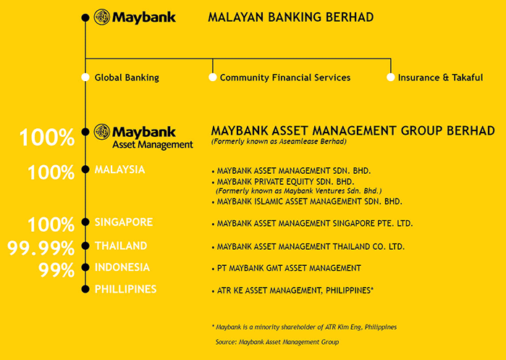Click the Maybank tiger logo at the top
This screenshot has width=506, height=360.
click(x=102, y=17)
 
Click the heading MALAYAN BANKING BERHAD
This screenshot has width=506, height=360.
click(x=291, y=17)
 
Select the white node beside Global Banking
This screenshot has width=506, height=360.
click(x=85, y=78)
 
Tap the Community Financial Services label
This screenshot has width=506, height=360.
click(x=285, y=78)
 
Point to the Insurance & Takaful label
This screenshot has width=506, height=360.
click(x=440, y=78)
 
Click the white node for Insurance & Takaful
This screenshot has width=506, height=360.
click(x=390, y=78)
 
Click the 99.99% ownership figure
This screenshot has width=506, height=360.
click(x=41, y=248)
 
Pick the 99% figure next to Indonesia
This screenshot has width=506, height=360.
click(x=56, y=269)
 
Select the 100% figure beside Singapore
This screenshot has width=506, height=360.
click(x=51, y=225)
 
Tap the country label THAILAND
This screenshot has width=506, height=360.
click(x=121, y=246)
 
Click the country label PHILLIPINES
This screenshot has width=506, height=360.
click(x=125, y=289)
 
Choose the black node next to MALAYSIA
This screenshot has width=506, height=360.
click(x=85, y=169)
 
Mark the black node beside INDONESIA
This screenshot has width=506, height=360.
click(x=85, y=267)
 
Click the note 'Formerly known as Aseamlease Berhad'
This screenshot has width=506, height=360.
click(x=279, y=141)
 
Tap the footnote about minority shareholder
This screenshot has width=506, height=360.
click(x=304, y=327)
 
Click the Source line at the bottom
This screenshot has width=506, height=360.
click(x=277, y=342)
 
